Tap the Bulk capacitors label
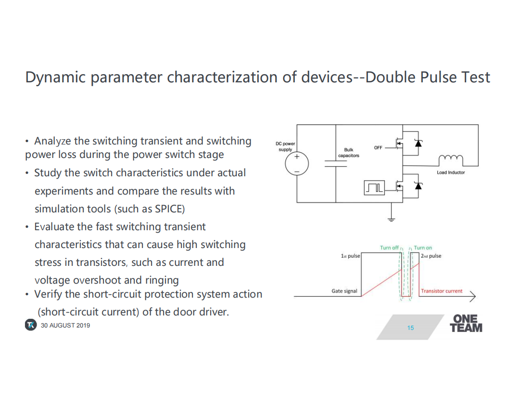click(349, 153)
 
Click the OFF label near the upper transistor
click(378, 148)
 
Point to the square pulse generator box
click(374, 188)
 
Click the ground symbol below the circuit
click(392, 220)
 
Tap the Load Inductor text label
click(451, 172)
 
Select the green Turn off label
click(389, 248)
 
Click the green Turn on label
click(423, 248)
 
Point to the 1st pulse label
click(350, 256)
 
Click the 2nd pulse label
click(431, 256)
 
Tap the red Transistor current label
click(442, 291)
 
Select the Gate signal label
click(344, 291)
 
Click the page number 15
click(410, 328)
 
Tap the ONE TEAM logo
click(466, 324)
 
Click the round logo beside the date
click(31, 325)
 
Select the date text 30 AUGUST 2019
click(65, 325)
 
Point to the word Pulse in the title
click(439, 77)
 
